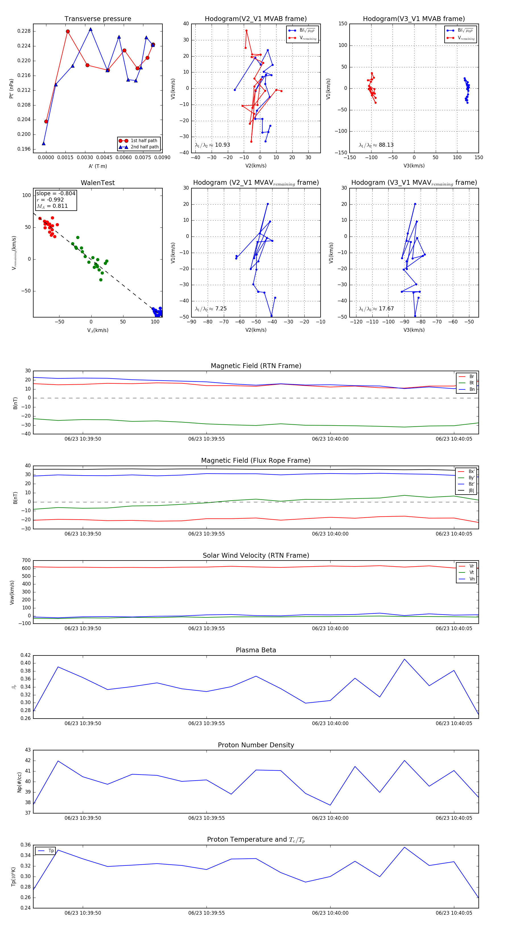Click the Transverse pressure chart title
pyautogui.click(x=98, y=19)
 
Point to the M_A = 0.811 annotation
pyautogui.click(x=52, y=206)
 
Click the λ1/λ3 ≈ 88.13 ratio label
pyautogui.click(x=376, y=145)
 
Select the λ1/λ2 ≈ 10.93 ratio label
pyautogui.click(x=212, y=145)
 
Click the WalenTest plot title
pyautogui.click(x=98, y=183)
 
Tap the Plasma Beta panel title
pyautogui.click(x=256, y=650)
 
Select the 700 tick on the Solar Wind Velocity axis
pyautogui.click(x=26, y=561)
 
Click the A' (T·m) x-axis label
pyautogui.click(x=98, y=166)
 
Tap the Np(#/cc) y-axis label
pyautogui.click(x=19, y=782)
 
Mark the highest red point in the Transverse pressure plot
pyautogui.click(x=68, y=31)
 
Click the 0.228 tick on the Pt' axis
pyautogui.click(x=24, y=31)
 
